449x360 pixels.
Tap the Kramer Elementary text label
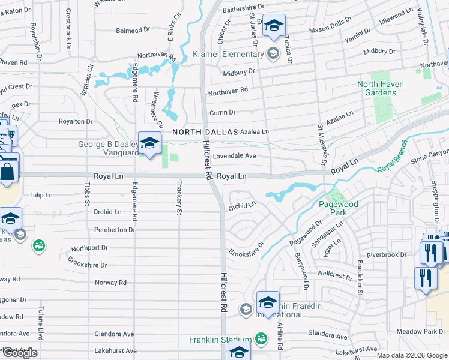pos(229,54)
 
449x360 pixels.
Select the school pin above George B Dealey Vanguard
pos(148,143)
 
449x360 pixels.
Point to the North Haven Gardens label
pos(385,88)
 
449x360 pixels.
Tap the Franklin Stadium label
pos(220,340)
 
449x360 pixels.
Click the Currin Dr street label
pos(222,112)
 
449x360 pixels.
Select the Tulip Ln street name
pos(41,195)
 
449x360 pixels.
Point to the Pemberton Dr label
pos(114,230)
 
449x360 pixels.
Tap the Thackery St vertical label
pos(179,197)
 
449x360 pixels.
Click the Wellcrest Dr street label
pos(334,274)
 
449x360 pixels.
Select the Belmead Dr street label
pos(133,30)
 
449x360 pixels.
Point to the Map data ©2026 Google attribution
pos(412,355)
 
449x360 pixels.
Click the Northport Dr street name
pos(89,247)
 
